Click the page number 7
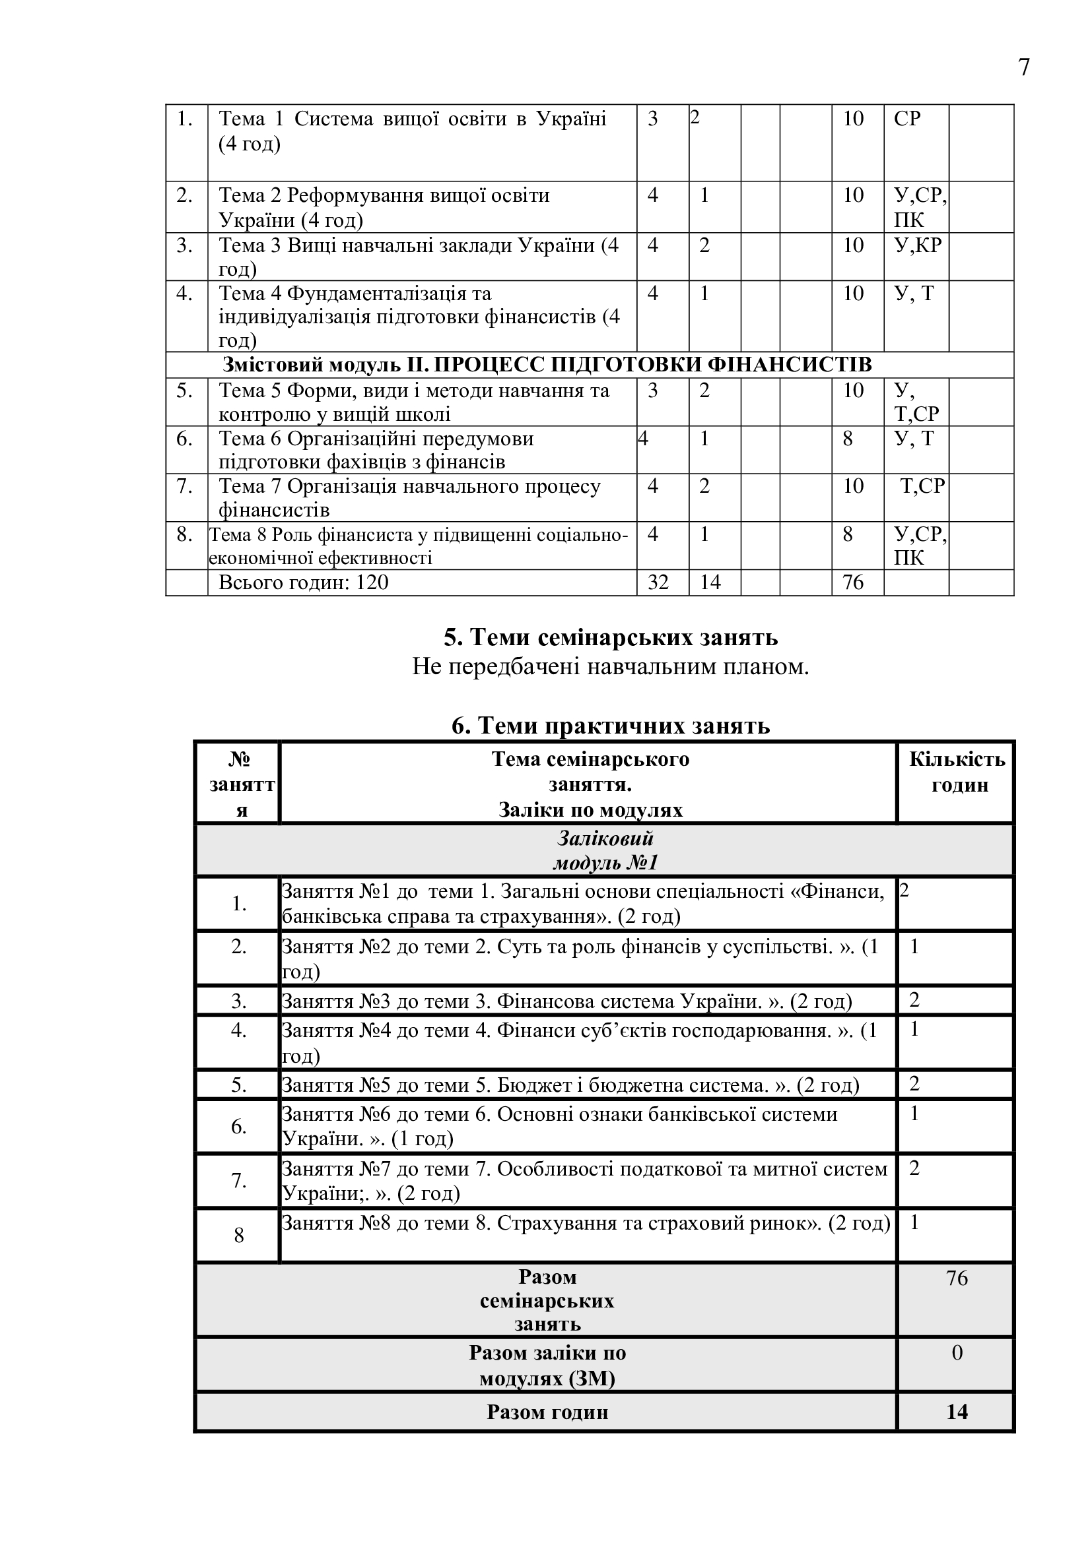point(1023,68)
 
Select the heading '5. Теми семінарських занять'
point(611,637)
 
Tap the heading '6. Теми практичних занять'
point(611,726)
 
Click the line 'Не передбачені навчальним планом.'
point(611,667)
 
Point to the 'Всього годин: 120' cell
point(304,582)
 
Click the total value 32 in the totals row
point(658,582)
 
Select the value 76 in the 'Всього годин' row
point(852,582)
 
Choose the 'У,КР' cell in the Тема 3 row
point(917,245)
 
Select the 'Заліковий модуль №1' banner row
point(605,850)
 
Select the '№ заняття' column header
point(239,784)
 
